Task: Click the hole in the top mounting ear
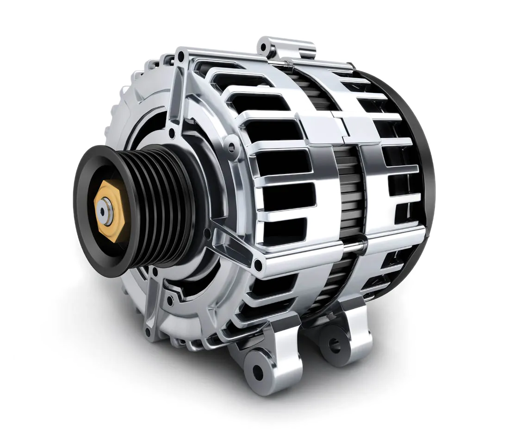pyautogui.click(x=264, y=47)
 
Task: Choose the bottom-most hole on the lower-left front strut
pyautogui.click(x=148, y=331)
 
